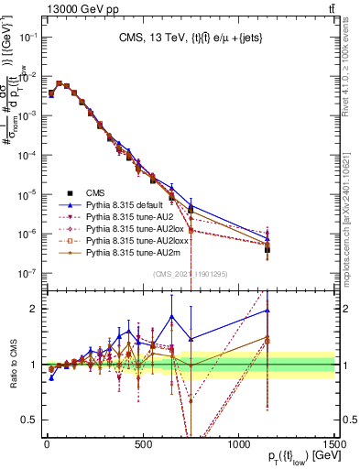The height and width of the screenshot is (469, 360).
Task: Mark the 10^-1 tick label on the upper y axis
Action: [x=26, y=37]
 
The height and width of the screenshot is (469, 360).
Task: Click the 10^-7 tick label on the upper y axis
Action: [x=26, y=273]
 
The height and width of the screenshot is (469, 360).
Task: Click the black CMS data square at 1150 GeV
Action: [x=267, y=249]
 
